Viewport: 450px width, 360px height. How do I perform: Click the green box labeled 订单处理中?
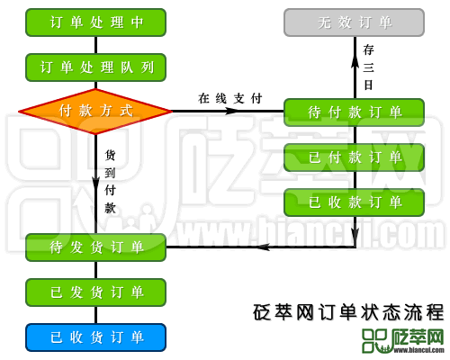(x=95, y=22)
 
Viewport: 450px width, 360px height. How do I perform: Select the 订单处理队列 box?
(x=95, y=67)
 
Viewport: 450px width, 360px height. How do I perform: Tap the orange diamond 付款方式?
(x=95, y=112)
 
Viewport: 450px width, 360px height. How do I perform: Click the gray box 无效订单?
(x=354, y=22)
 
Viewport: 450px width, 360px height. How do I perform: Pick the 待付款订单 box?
(x=354, y=112)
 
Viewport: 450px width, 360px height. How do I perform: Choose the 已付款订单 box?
(x=354, y=157)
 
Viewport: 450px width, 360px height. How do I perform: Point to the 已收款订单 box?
(x=354, y=202)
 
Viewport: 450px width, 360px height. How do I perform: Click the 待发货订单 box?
(x=95, y=247)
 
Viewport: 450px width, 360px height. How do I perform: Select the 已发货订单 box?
(x=95, y=292)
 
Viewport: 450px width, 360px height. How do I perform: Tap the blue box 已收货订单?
(x=95, y=337)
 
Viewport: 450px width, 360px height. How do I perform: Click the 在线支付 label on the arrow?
(x=229, y=98)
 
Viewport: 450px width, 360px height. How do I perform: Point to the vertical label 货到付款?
(x=110, y=181)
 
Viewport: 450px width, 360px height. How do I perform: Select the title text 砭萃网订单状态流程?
(x=348, y=312)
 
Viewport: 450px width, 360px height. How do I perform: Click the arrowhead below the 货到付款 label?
(x=95, y=187)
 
